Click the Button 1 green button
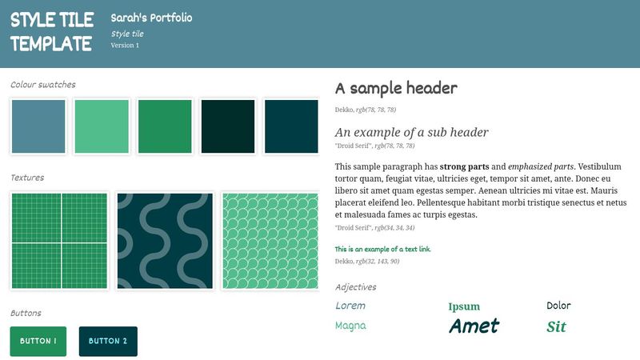pos(38,342)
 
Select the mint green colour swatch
pos(102,126)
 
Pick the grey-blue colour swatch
pos(38,126)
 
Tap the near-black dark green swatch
pos(228,126)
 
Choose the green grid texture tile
pos(60,241)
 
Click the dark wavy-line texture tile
pos(166,241)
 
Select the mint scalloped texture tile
pos(270,241)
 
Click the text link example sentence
pos(383,250)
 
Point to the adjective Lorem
pos(350,306)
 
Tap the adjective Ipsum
pos(464,306)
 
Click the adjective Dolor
pos(558,306)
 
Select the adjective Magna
pos(350,326)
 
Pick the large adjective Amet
pos(474,326)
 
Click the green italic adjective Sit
pos(556,326)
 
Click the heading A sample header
pos(396,88)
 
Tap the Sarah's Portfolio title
pos(151,18)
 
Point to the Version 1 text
pos(125,46)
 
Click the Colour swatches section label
pos(43,85)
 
